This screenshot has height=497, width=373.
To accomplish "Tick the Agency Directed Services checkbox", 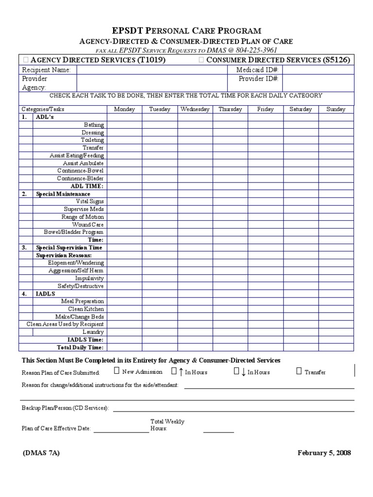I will click(x=26, y=60).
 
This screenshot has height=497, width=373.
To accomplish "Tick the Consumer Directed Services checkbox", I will click(x=201, y=60).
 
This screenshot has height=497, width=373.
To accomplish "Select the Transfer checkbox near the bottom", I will click(x=299, y=372).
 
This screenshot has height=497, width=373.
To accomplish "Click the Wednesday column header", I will click(x=195, y=109).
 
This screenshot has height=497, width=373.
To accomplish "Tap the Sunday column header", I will click(x=336, y=109).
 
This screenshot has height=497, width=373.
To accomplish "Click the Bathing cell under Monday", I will click(x=124, y=125).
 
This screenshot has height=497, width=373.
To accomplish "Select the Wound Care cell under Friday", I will click(x=265, y=225).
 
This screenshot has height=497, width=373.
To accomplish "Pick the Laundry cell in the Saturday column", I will click(x=301, y=332).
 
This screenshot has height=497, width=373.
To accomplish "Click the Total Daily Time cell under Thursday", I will click(x=230, y=348).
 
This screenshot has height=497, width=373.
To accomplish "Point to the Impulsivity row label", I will click(x=89, y=279).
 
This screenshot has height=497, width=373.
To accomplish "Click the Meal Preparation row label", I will click(x=82, y=301).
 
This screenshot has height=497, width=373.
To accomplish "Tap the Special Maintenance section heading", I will click(x=63, y=194).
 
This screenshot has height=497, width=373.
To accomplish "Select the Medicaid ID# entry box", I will click(x=318, y=70).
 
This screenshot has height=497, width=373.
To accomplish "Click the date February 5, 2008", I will click(x=324, y=453).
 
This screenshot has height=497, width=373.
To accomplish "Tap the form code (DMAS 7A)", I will click(x=41, y=453).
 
